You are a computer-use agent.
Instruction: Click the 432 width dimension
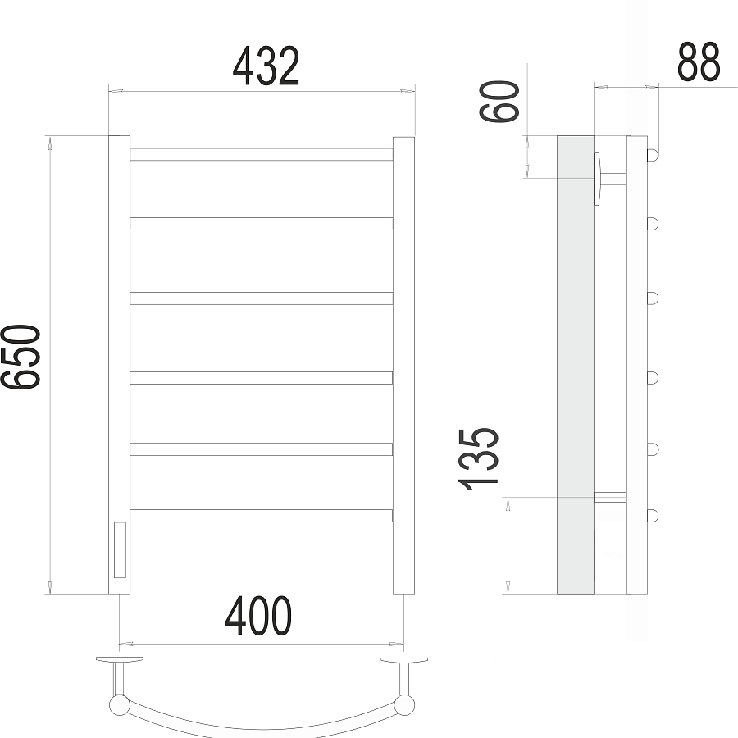[266, 66]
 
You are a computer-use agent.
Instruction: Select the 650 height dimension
[21, 357]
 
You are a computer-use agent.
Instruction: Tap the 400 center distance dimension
[258, 616]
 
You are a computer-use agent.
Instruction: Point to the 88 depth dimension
[699, 61]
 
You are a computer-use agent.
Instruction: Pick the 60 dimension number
[499, 102]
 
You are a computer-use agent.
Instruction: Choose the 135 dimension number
[478, 460]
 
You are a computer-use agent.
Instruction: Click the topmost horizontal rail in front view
[262, 154]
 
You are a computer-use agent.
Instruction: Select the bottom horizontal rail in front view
[262, 516]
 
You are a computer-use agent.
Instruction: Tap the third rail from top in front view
[262, 298]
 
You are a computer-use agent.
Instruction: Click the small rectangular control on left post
[120, 549]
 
